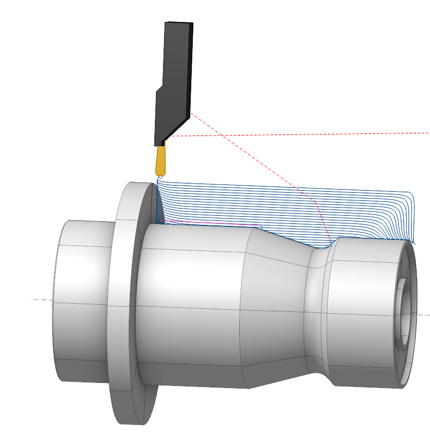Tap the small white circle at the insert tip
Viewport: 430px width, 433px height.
(x=160, y=176)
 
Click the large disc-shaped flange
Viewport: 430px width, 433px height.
(x=125, y=307)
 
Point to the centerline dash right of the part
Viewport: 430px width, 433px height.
(x=424, y=315)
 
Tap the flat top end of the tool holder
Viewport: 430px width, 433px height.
(x=178, y=24)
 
